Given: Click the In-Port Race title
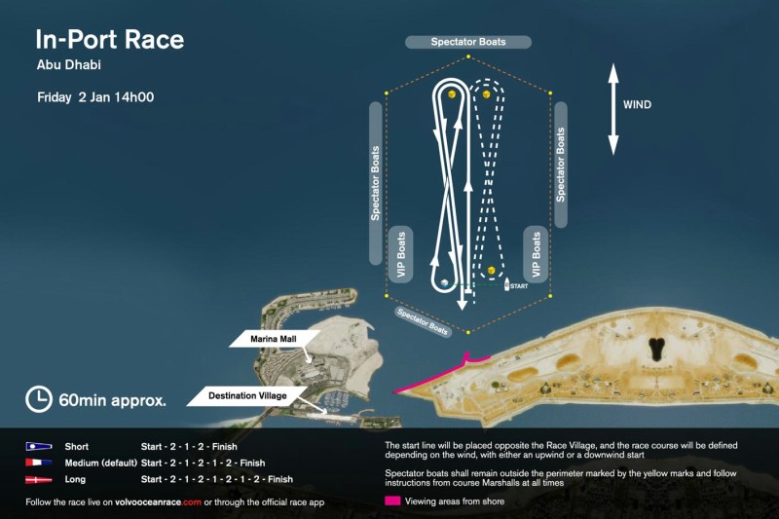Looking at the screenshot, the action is [110, 39].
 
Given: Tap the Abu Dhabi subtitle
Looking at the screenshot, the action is [68, 64].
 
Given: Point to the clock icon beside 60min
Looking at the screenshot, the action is [39, 399].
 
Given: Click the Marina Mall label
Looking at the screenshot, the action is [274, 339].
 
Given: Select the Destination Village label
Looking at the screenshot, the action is [247, 396].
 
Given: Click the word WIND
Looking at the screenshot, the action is [637, 105].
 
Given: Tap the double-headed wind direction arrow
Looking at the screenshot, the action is [613, 109].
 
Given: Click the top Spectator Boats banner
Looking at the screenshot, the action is [468, 42].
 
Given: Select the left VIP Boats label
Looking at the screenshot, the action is [401, 254].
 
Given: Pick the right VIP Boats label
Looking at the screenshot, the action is [536, 254].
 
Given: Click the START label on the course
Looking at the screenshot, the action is [519, 286].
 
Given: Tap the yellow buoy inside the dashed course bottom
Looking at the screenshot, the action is [492, 270].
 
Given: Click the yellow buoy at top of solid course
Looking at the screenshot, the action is [452, 93].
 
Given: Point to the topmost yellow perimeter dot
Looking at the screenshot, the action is [468, 56].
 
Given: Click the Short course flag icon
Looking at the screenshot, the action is [39, 447].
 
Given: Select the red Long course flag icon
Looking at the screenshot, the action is [39, 480].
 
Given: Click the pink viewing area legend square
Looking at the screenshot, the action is [392, 501].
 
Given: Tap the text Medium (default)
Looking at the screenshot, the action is [101, 463].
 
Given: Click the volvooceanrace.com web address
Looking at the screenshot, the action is [158, 502].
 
